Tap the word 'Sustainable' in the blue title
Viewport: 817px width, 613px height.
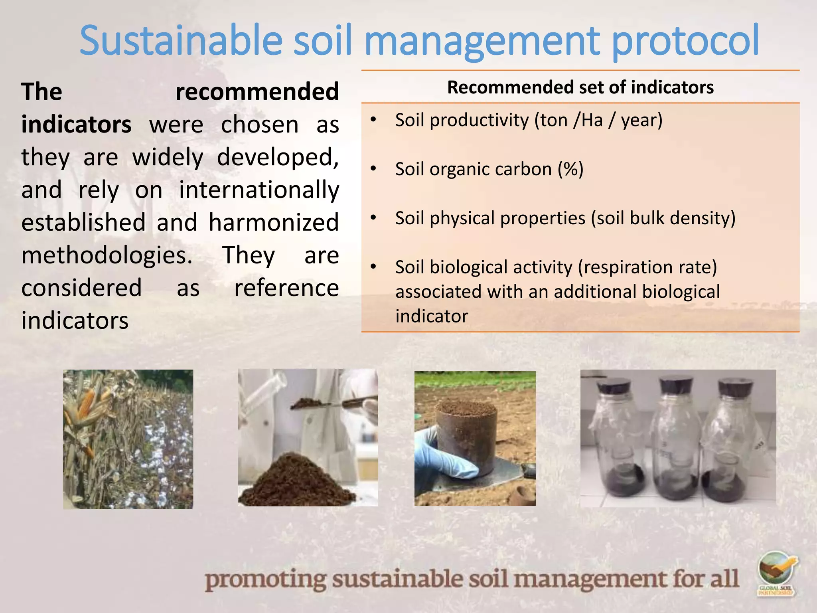coord(181,40)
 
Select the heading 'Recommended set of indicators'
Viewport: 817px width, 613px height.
coord(580,87)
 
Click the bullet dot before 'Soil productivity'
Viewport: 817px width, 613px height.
coord(373,120)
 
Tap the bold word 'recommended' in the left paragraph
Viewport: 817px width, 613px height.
coord(257,92)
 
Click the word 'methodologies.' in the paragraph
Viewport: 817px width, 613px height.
coord(107,255)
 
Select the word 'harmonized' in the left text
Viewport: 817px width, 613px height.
coord(274,223)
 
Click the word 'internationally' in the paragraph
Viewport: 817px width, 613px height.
coord(259,190)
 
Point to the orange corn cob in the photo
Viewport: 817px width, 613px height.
coord(86,403)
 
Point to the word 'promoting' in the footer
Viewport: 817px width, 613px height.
coord(266,579)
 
